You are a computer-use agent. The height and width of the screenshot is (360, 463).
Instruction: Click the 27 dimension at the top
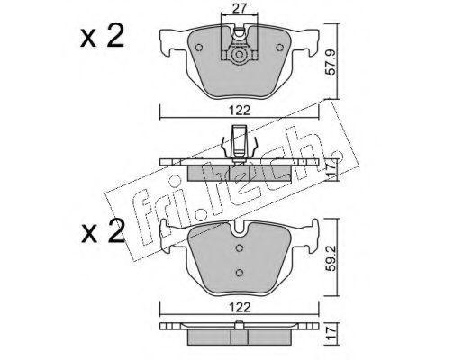pyautogui.click(x=240, y=8)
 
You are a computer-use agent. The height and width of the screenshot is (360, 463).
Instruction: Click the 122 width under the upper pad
pyautogui.click(x=240, y=111)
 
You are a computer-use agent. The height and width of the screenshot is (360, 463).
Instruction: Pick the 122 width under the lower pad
pyautogui.click(x=240, y=307)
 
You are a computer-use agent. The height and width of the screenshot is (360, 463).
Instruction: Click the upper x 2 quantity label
pyautogui.click(x=102, y=37)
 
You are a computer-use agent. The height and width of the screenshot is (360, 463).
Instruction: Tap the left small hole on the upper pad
pyautogui.click(x=198, y=48)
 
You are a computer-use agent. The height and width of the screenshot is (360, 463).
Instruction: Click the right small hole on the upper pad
pyautogui.click(x=280, y=48)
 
